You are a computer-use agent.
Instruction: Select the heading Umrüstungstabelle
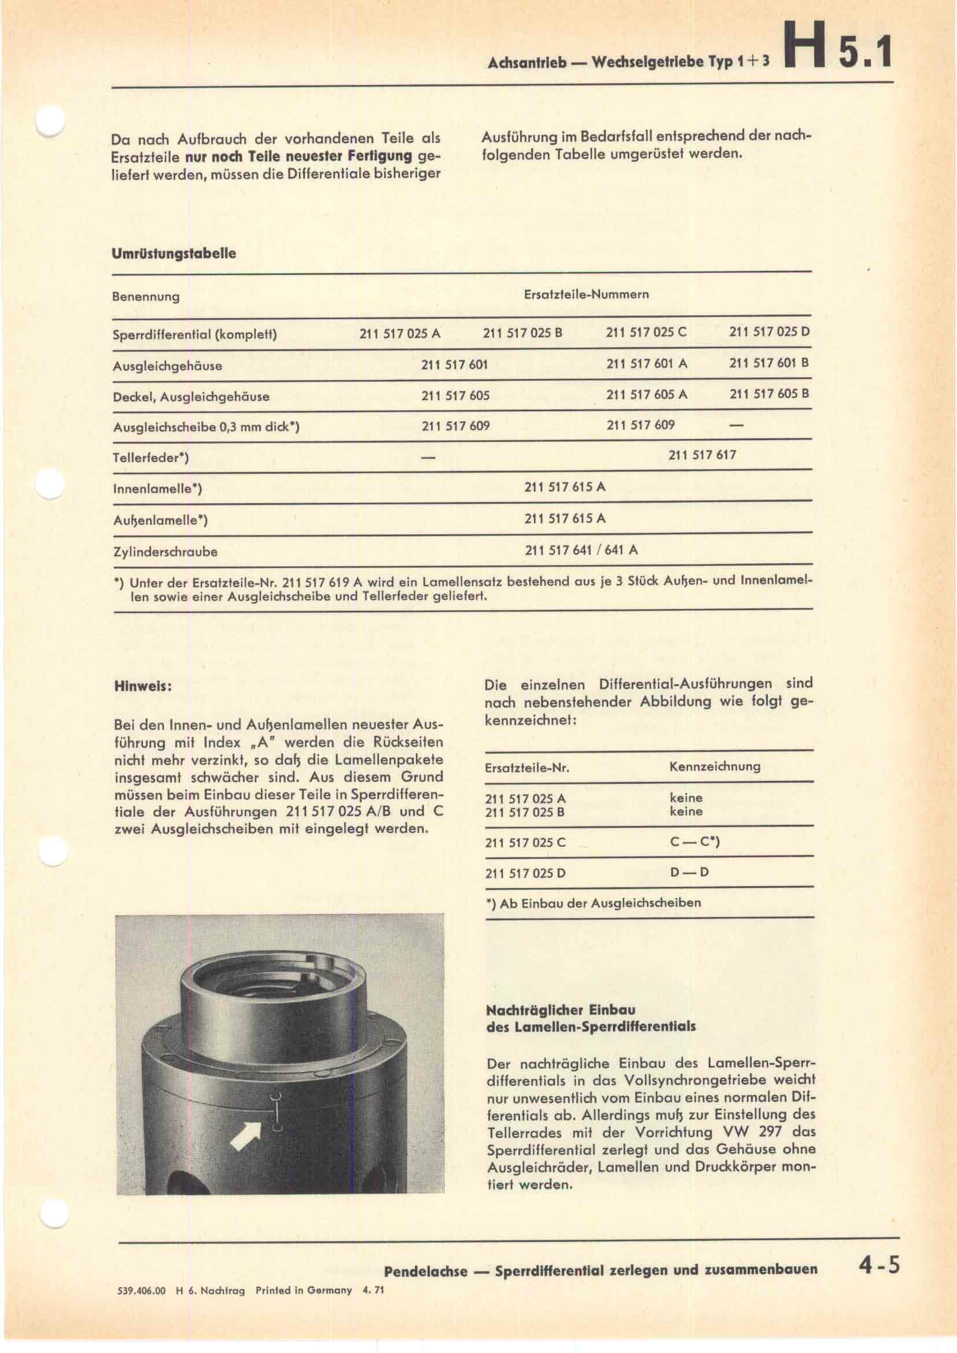[x=174, y=253]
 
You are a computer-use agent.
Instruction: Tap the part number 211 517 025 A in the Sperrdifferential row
[x=400, y=333]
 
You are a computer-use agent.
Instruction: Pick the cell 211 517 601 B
[x=769, y=363]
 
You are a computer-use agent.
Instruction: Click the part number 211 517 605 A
[x=646, y=395]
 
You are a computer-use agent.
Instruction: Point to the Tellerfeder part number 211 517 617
[x=702, y=455]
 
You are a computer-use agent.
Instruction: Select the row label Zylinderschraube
[x=165, y=552]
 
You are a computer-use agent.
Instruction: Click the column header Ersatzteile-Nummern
[x=586, y=294]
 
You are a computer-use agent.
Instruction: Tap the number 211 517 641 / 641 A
[x=581, y=550]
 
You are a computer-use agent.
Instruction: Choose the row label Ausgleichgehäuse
[x=167, y=366]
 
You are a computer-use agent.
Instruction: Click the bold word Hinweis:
[x=142, y=687]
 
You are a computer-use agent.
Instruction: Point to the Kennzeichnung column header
[x=715, y=766]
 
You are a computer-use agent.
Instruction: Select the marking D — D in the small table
[x=689, y=872]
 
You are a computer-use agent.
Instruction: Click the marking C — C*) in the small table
[x=695, y=842]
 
